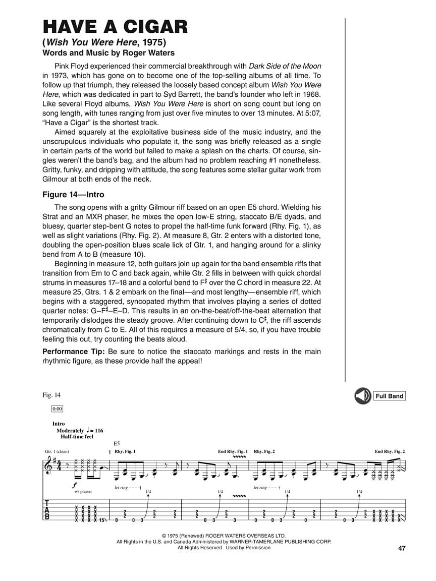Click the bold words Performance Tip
coord(73,352)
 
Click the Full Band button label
coord(389,396)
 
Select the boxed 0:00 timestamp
coord(57,409)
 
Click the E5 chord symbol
coord(117,442)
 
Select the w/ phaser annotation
coord(84,491)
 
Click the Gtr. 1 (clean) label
coord(57,451)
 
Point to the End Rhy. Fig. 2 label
coord(390,451)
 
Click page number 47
coord(402,548)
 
